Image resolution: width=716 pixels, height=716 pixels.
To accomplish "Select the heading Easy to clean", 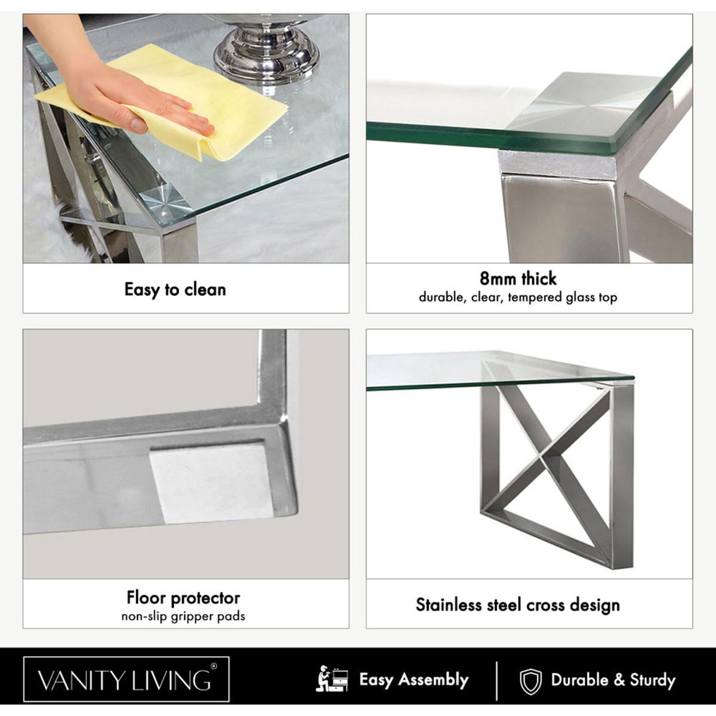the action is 175,289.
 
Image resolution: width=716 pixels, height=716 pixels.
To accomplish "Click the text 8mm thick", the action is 518,279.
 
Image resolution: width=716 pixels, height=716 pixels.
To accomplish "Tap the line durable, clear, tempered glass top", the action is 518,298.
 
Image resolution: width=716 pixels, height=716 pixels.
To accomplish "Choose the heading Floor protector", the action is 183,598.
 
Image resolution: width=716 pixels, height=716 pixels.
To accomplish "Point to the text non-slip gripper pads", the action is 183,616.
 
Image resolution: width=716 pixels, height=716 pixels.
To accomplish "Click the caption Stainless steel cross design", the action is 518,604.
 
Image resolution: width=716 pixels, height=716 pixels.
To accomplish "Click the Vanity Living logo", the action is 126,680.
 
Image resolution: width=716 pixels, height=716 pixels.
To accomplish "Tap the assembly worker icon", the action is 332,680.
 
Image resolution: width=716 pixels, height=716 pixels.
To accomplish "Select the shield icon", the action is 530,681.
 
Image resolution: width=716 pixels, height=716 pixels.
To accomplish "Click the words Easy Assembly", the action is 413,680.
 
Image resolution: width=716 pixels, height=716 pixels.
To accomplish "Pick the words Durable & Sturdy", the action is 613,680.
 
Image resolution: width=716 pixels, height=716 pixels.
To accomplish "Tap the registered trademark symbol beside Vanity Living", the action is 214,666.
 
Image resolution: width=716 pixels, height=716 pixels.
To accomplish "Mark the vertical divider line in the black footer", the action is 497,680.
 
